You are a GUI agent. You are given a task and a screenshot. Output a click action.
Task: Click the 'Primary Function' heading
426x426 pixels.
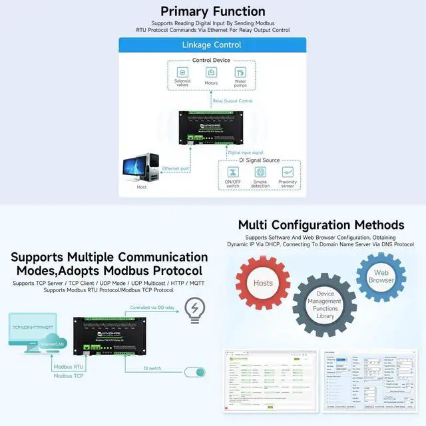click(213, 11)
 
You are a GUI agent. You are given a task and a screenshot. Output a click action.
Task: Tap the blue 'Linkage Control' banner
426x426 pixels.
click(212, 45)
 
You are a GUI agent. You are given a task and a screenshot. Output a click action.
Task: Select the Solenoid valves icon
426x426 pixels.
click(182, 72)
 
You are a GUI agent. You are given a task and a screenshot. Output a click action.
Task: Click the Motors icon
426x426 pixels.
click(212, 72)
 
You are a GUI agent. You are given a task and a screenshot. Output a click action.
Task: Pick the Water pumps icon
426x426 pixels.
click(240, 72)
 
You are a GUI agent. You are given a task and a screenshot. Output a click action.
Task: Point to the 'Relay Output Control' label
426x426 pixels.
click(232, 101)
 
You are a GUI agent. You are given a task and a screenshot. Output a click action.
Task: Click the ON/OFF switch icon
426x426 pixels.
click(233, 172)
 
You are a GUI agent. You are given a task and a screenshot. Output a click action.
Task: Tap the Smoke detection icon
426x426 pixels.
click(260, 172)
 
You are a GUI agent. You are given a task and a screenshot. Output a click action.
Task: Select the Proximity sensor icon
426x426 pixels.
click(288, 172)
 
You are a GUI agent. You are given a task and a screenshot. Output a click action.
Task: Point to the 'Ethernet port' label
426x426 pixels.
click(176, 169)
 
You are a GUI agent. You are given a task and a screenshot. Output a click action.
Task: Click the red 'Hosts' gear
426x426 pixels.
click(263, 283)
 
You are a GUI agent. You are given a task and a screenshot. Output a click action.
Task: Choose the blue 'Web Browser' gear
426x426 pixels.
click(381, 276)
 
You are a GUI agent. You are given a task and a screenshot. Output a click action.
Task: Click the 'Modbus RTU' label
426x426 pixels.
click(69, 367)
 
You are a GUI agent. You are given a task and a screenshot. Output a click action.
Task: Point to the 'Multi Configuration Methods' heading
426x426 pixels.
click(321, 224)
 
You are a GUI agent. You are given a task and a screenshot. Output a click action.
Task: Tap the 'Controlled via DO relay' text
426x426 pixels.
click(152, 308)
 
